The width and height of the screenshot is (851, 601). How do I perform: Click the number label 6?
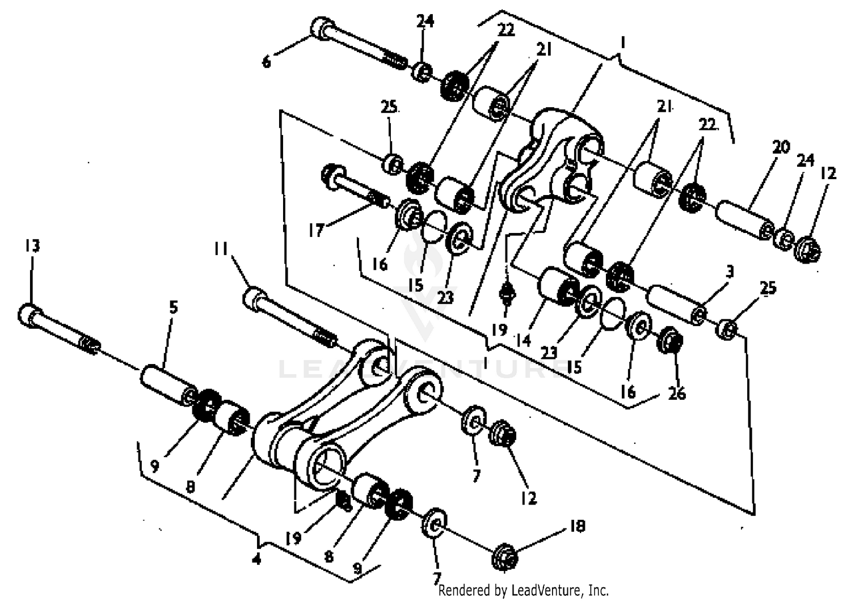point(267,61)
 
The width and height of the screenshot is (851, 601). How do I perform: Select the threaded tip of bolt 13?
point(90,344)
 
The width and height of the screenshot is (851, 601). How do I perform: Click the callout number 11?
point(221,249)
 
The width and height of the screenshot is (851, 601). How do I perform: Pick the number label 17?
point(316,230)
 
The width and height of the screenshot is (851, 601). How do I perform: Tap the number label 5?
point(174,307)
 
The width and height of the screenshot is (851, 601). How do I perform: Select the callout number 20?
point(781,147)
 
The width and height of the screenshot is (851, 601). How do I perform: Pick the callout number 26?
point(677,393)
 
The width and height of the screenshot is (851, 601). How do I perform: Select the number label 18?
point(577,526)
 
